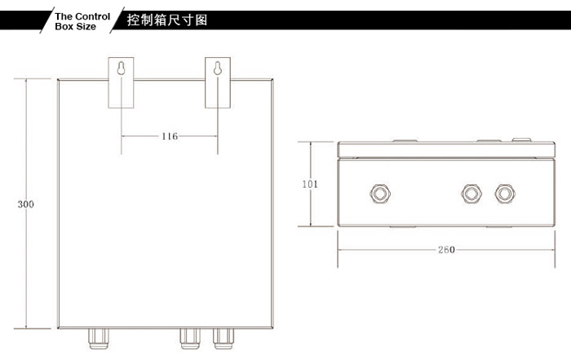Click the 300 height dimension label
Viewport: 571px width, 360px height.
[x=26, y=204]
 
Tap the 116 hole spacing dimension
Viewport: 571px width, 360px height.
[x=170, y=136]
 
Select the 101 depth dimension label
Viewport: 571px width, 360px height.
[x=310, y=184]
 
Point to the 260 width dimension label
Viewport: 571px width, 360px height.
[x=446, y=250]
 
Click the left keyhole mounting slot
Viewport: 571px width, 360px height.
[x=121, y=68]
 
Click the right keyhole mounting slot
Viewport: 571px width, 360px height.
[x=218, y=68]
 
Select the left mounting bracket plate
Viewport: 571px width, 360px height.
[x=121, y=82]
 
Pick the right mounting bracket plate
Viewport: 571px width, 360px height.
[x=218, y=82]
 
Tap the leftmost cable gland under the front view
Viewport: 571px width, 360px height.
[x=99, y=339]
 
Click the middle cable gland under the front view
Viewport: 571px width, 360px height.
[x=190, y=339]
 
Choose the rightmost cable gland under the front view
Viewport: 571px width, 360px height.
[x=224, y=339]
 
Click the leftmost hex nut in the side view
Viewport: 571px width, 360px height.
[x=380, y=193]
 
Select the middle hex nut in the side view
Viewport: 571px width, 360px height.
[x=471, y=193]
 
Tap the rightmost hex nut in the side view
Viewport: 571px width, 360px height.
[x=505, y=193]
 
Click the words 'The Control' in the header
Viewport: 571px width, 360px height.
[x=82, y=16]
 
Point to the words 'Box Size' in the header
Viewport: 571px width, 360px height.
[x=75, y=26]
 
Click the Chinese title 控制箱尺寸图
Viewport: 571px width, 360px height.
[x=167, y=20]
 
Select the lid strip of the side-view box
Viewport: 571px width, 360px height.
[x=446, y=149]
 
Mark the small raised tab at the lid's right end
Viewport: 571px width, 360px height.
[x=521, y=140]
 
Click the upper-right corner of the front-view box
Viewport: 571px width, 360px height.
[x=272, y=79]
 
